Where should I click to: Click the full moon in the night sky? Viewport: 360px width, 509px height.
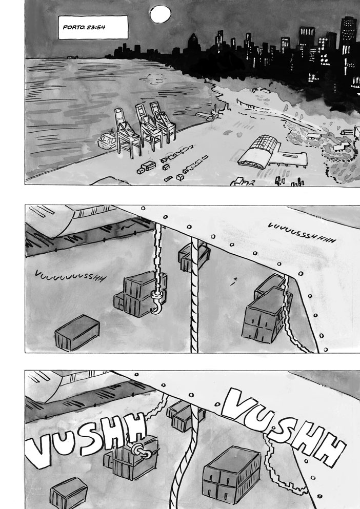[161, 14]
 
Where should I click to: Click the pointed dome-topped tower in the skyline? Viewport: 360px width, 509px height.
[192, 44]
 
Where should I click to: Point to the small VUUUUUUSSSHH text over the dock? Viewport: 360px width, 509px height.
[70, 276]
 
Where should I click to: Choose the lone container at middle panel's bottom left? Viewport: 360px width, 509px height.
[77, 332]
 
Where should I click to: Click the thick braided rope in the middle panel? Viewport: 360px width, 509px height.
[194, 295]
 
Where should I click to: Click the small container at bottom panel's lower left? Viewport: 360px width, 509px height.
[69, 494]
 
